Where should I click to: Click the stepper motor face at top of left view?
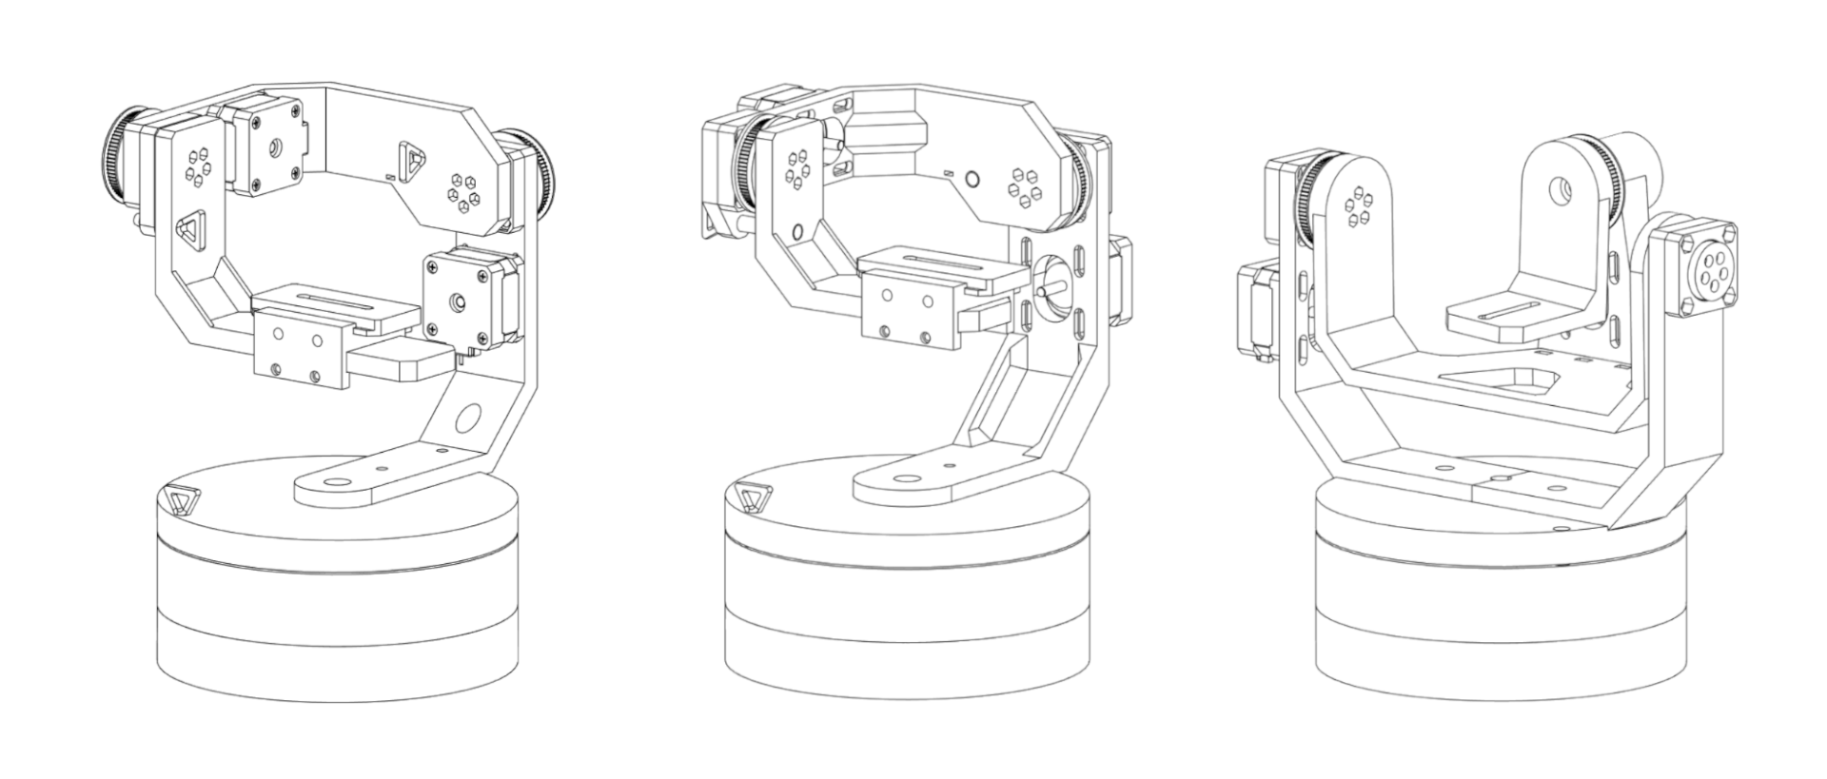[x=273, y=147]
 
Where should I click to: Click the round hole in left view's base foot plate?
[x=336, y=482]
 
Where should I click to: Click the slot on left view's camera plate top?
[x=334, y=300]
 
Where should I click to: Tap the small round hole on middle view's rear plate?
[x=972, y=178]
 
